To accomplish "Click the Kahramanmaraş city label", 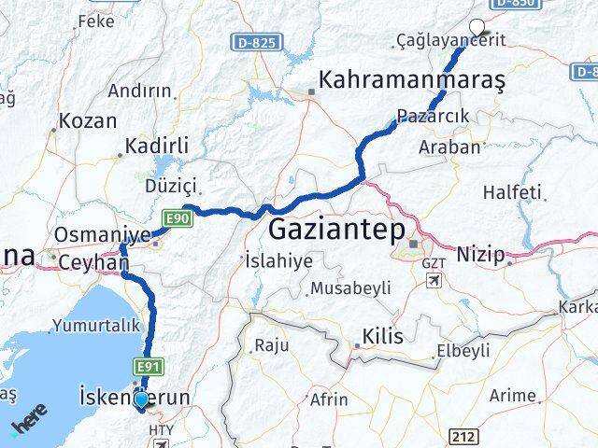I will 412,81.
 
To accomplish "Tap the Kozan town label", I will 87,120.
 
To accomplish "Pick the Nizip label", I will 480,254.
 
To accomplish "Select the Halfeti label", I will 512,192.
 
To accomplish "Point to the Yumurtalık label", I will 97,326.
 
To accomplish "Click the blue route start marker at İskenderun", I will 141,399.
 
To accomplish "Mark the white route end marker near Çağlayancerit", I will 479,27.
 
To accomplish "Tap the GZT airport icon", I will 434,280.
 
